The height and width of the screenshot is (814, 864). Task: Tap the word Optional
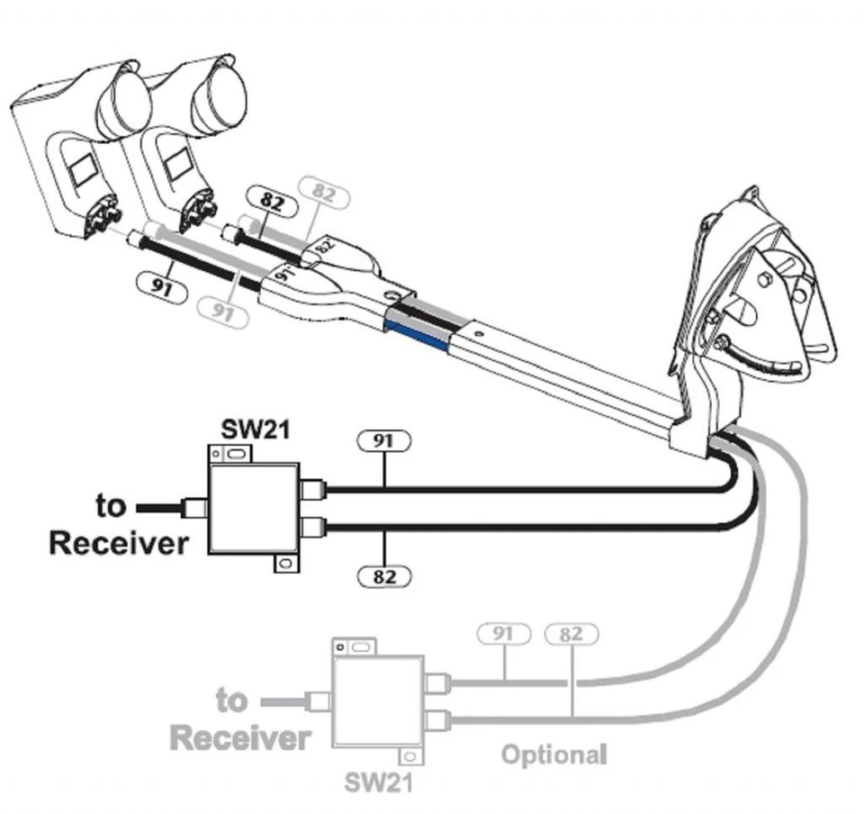[553, 754]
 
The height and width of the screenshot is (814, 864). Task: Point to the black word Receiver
[119, 543]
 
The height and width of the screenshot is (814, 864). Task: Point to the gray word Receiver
[240, 738]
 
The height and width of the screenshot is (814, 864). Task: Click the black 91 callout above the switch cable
[383, 441]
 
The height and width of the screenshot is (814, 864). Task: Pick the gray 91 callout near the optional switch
[504, 634]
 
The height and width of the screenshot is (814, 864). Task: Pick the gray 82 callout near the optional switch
[571, 634]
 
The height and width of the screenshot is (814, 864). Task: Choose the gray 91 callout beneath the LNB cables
[221, 311]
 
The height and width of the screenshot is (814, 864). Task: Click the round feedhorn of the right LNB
[218, 97]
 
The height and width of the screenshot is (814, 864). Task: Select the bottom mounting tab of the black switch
[286, 564]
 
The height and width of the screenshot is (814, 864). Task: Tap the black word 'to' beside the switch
[111, 506]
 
